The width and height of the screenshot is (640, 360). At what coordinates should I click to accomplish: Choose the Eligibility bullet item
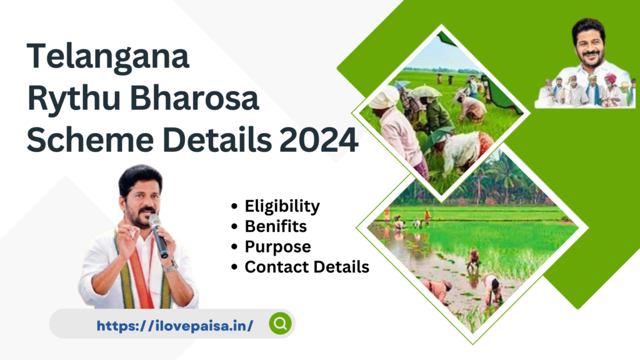[282, 206]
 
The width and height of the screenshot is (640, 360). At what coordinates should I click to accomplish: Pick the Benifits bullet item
[276, 226]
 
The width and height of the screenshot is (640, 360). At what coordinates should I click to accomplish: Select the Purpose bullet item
[277, 247]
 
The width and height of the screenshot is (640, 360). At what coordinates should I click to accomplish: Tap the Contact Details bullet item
[306, 267]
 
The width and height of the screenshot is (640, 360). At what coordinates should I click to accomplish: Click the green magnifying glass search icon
[281, 324]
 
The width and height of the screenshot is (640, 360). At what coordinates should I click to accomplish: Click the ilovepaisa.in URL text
[175, 325]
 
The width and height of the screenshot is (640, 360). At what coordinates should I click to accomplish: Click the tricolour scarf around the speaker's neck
[134, 269]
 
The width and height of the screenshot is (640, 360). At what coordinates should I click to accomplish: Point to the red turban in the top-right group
[610, 79]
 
